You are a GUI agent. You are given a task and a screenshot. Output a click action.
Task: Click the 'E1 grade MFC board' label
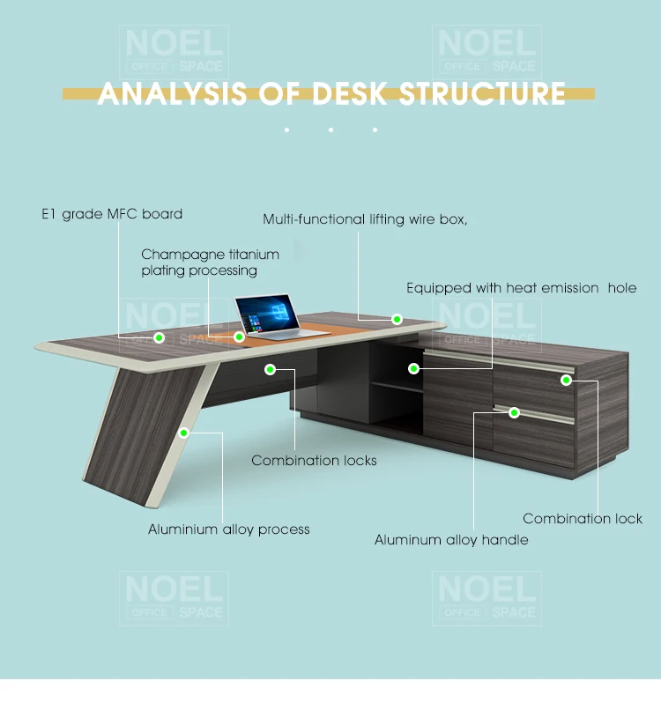(112, 214)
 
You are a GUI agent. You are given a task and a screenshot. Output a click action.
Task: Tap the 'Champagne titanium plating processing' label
(210, 263)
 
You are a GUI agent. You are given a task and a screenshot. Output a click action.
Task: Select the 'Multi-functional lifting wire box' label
(365, 219)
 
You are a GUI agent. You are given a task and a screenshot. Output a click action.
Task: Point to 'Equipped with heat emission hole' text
(521, 288)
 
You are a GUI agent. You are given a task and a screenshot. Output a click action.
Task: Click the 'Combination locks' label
(314, 461)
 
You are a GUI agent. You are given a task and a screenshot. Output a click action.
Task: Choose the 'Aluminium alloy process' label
(228, 529)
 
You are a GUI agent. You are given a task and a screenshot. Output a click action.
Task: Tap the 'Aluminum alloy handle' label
(451, 540)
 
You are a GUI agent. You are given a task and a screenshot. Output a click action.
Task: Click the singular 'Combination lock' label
(583, 519)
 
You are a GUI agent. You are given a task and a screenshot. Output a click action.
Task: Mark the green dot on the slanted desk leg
(184, 433)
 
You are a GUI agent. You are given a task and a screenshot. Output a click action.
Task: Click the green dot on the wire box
(397, 319)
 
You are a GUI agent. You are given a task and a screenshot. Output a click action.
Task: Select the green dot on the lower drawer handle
(515, 411)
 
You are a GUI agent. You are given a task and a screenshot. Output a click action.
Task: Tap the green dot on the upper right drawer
(567, 381)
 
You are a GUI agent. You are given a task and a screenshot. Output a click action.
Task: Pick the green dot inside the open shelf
(412, 368)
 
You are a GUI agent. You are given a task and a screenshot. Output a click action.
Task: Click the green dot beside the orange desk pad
(239, 336)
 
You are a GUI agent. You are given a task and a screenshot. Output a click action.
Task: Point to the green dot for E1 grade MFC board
(160, 337)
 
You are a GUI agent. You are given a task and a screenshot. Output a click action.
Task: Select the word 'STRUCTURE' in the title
(482, 93)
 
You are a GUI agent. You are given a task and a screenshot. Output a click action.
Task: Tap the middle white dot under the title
(330, 130)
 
